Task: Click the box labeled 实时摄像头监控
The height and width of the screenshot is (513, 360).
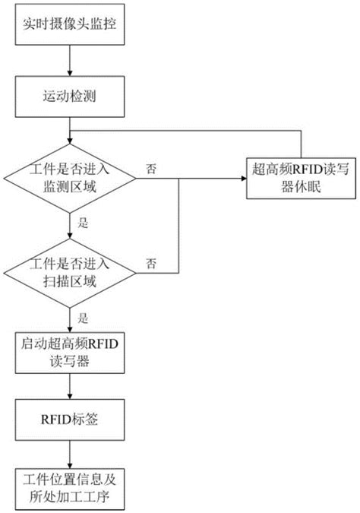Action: point(70,28)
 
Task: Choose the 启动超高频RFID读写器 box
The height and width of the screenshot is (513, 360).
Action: point(70,353)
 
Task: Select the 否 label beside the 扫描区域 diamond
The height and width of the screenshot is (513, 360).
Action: point(152,263)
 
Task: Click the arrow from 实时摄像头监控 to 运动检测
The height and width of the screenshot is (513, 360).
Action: point(70,63)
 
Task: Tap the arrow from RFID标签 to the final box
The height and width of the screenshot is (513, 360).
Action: point(70,454)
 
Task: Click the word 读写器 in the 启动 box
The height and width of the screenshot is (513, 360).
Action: point(70,362)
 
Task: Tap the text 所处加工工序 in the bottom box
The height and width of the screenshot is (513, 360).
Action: point(70,496)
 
